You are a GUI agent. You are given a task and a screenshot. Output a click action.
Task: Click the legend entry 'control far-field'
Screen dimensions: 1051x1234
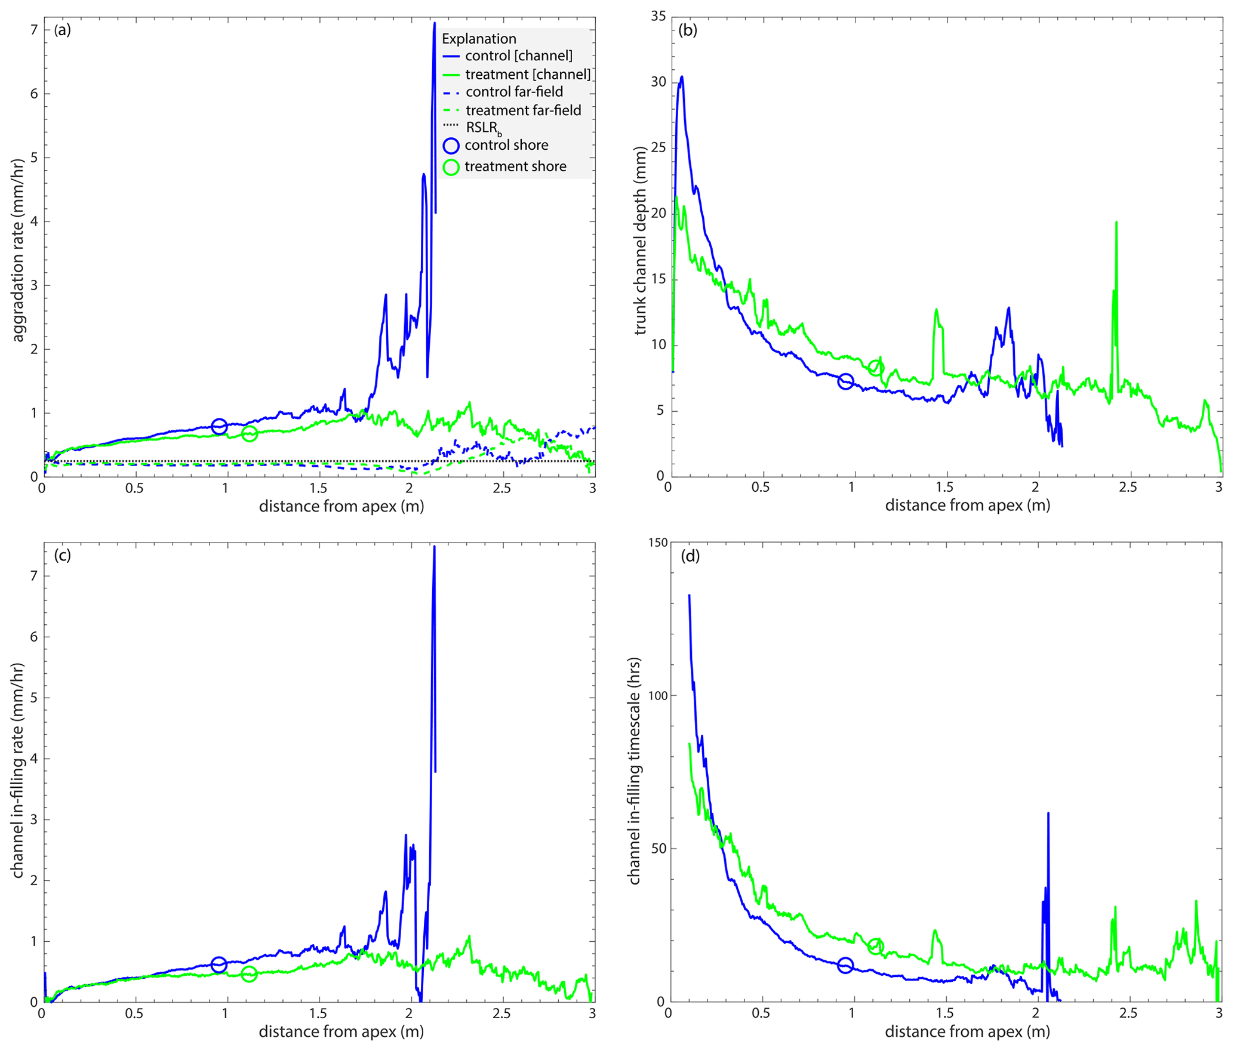pyautogui.click(x=513, y=92)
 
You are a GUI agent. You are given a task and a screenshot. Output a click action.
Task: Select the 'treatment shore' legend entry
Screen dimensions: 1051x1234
pyautogui.click(x=515, y=167)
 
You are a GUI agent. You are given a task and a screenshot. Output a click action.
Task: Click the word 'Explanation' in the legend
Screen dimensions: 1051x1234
pyautogui.click(x=479, y=39)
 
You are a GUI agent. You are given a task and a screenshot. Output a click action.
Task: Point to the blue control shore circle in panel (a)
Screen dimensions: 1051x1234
pyautogui.click(x=219, y=426)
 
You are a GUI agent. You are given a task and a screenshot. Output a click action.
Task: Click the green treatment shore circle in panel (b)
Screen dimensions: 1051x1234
pyautogui.click(x=875, y=368)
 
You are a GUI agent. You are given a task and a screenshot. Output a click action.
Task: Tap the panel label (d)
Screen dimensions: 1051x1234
pyautogui.click(x=690, y=556)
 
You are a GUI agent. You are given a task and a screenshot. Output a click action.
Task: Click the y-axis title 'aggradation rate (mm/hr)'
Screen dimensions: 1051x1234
pyautogui.click(x=18, y=251)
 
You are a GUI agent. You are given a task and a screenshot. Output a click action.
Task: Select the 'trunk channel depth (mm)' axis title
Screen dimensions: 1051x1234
pyautogui.click(x=641, y=241)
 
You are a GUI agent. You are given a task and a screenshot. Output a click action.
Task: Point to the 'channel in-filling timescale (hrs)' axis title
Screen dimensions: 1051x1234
pyautogui.click(x=634, y=771)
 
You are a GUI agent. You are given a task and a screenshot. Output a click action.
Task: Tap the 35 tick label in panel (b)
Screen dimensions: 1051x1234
pyautogui.click(x=658, y=16)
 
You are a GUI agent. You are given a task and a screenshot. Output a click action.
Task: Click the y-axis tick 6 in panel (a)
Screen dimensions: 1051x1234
pyautogui.click(x=33, y=94)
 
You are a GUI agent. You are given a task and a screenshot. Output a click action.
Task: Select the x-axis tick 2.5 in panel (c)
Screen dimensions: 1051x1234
pyautogui.click(x=501, y=1013)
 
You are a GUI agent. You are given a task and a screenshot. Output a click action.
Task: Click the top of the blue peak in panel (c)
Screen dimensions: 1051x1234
pyautogui.click(x=434, y=547)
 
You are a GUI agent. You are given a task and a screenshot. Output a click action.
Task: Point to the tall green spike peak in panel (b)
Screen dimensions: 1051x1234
pyautogui.click(x=1116, y=223)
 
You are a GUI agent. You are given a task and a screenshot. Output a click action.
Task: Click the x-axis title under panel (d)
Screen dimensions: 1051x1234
pyautogui.click(x=967, y=1031)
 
